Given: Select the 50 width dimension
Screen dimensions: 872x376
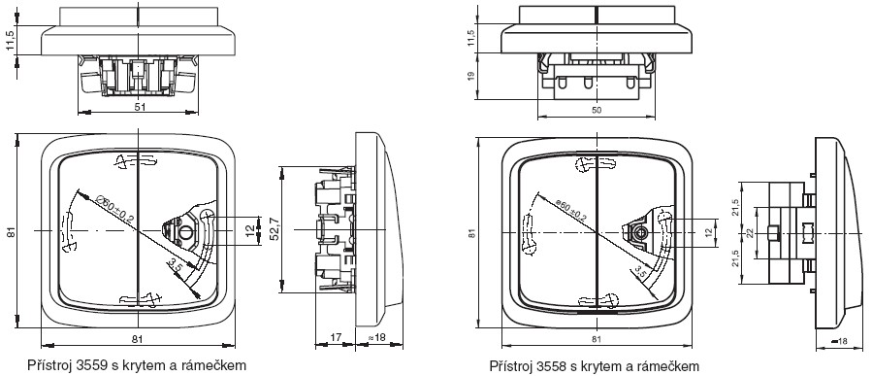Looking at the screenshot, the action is [597, 111].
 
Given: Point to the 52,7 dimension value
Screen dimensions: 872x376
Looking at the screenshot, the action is [275, 229].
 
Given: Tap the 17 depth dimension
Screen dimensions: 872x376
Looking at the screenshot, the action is [335, 337].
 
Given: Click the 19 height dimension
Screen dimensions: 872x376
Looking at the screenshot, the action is [471, 77].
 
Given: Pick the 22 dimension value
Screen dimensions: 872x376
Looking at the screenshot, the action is [751, 233].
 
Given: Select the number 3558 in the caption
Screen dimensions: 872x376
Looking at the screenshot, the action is [552, 366].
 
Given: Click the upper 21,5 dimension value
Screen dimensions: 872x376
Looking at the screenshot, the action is [736, 207].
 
